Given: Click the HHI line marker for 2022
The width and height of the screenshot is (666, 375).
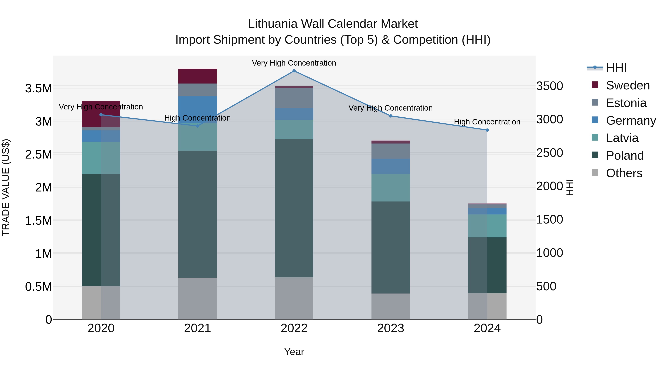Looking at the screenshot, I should coord(294,71).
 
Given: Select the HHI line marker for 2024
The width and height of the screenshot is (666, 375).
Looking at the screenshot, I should coord(487,130).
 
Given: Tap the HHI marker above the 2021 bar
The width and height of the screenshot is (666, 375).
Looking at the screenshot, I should coord(198,126).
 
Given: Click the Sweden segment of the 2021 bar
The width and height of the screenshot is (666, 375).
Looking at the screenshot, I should coord(198,76).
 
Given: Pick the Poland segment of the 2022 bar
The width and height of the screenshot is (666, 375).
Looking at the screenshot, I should coord(294,208).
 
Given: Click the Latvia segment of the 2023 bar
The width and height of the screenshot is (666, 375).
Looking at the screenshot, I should coord(390,188).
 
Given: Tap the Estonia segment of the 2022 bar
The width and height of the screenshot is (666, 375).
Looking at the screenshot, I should coord(294,98).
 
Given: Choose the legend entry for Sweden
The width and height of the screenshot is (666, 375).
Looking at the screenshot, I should coord(628,85).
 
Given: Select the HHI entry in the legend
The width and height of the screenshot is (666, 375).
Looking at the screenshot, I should coord(616,68).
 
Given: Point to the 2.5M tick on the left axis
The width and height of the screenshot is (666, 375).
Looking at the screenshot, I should coord(38,154).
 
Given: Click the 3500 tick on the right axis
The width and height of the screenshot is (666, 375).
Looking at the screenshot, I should coord(549,86).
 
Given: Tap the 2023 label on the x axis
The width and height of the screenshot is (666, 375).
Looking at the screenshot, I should coord(390,328).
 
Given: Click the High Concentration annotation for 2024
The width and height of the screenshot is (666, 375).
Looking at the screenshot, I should coord(487,122).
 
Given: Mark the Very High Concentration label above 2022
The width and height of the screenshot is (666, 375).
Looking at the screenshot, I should coord(294,63).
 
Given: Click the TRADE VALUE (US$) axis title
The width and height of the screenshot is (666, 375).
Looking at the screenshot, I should coord(6,187).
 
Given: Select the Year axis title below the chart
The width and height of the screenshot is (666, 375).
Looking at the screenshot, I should coord(294,352).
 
